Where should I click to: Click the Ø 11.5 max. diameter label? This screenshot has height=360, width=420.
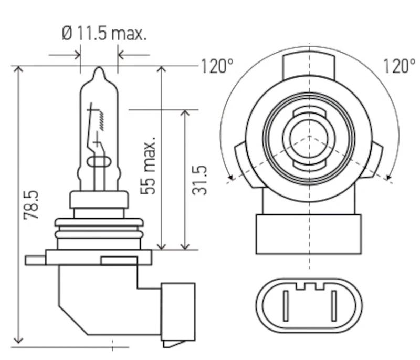[104, 34]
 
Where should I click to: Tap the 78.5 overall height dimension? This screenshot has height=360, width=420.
[31, 205]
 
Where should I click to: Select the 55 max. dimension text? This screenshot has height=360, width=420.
[148, 166]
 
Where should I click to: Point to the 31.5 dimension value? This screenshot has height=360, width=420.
[199, 180]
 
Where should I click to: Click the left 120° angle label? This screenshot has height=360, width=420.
[217, 66]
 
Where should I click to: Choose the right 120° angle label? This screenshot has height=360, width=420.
[400, 66]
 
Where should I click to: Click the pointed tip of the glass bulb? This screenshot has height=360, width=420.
[99, 68]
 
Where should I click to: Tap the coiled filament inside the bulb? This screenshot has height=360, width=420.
[102, 121]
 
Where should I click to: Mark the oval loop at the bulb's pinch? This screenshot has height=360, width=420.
[99, 162]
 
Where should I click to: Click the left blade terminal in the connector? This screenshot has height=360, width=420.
[286, 305]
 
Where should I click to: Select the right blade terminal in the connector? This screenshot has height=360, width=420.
[334, 305]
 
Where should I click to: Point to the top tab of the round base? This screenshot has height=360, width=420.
[309, 66]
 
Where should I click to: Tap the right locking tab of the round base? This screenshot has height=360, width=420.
[373, 160]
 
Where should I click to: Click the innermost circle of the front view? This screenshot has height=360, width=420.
[309, 138]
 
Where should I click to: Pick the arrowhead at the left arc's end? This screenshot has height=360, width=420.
[231, 177]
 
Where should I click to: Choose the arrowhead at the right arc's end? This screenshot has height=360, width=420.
[388, 177]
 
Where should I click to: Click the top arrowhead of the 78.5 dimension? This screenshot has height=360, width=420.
[18, 69]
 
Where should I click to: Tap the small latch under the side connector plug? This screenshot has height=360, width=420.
[174, 344]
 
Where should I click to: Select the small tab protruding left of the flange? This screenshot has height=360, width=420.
[35, 261]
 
